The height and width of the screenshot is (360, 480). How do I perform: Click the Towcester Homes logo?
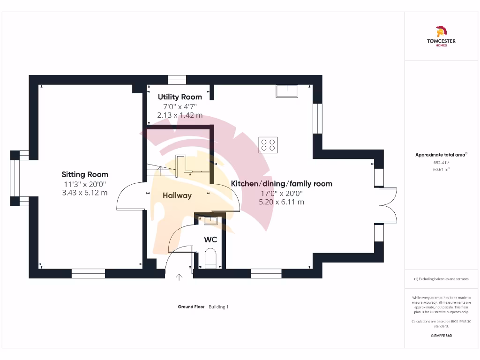[441, 37]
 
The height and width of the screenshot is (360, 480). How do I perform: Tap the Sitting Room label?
[85, 174]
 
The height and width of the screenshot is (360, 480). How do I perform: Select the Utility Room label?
[180, 97]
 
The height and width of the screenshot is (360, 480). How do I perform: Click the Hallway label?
[177, 195]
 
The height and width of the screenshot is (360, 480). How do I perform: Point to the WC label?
[210, 240]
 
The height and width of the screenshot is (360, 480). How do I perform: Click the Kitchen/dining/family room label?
[281, 183]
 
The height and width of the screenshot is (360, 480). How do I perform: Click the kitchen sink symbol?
[287, 91]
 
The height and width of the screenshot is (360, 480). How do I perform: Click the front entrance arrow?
[179, 277]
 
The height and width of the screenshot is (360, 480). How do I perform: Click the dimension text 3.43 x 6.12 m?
[85, 193]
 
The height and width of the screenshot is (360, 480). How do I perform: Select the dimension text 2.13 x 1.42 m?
[180, 115]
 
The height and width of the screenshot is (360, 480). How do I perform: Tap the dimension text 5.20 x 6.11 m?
[281, 202]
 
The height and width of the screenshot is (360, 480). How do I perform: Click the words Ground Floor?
[191, 307]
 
